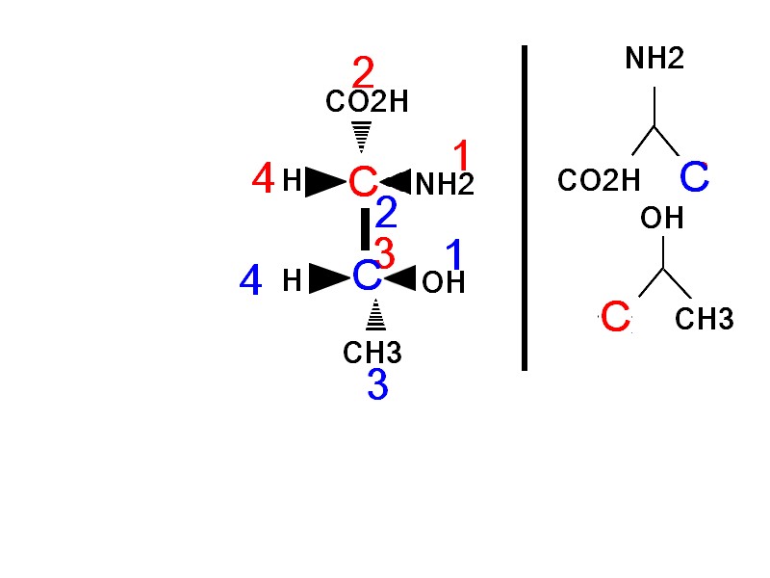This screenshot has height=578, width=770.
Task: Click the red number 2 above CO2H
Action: pos(363,72)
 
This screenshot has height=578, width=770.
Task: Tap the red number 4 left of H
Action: pos(262,179)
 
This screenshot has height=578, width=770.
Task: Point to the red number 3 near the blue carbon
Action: pos(384,253)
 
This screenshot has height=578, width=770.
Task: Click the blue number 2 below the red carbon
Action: pos(386,212)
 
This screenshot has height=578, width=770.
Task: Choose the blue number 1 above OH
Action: pos(455,255)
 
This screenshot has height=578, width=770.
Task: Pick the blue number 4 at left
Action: pos(250,281)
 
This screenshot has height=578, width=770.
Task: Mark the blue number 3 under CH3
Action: pos(377,386)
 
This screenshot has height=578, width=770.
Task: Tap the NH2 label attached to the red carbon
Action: pos(445,184)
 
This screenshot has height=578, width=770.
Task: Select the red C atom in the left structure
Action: pos(363,181)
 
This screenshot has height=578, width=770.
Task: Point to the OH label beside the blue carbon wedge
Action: pos(443,282)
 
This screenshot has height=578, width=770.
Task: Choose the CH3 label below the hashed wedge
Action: pos(372,353)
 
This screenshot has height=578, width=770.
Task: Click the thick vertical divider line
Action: pos(525,207)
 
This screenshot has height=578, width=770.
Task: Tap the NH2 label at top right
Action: pos(654,60)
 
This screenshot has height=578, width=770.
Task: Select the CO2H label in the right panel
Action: pos(599,180)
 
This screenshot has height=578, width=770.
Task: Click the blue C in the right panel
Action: pos(694,177)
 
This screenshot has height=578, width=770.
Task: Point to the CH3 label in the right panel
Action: pos(705,319)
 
